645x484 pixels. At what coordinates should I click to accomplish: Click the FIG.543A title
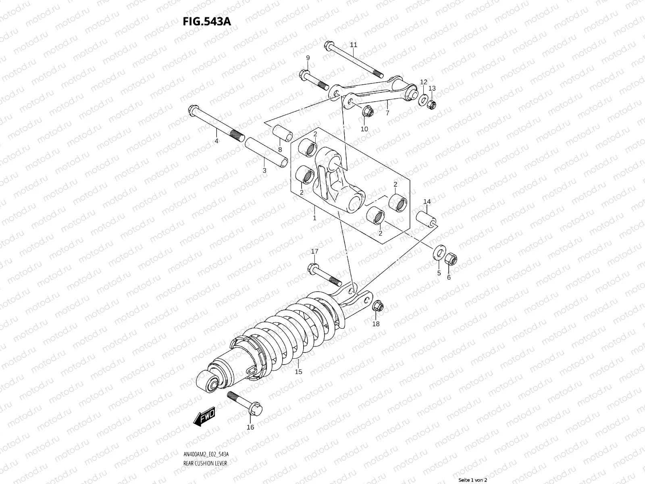coord(207,21)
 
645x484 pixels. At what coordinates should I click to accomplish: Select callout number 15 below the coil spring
coord(298,371)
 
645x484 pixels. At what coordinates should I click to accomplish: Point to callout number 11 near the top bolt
coord(354,44)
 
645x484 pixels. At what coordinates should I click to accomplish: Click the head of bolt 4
coord(192,110)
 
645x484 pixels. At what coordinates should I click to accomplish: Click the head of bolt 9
coord(304,74)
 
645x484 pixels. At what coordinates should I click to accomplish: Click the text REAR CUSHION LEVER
coord(205,440)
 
